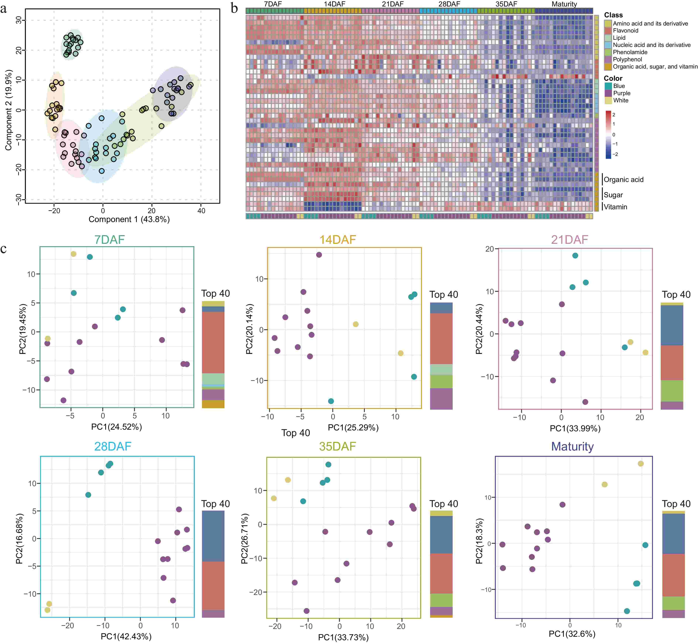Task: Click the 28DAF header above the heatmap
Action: (449, 4)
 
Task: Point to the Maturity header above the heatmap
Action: (564, 4)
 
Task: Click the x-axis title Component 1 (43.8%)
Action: (129, 219)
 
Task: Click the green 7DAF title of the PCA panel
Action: (110, 240)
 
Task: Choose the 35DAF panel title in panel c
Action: (337, 446)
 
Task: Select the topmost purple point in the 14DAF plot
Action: (319, 255)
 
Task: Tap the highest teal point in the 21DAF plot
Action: (575, 255)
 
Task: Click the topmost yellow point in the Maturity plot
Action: (641, 463)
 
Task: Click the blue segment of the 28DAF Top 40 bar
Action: (213, 536)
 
